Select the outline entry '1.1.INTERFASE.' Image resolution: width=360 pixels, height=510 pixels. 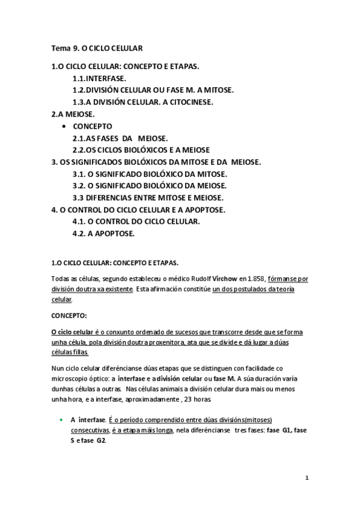click(99, 78)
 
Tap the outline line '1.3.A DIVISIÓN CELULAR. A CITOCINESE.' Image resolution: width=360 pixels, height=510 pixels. click(142, 102)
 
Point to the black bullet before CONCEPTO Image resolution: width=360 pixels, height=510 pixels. click(64, 126)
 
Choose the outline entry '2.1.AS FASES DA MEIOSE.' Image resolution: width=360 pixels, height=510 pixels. click(120, 138)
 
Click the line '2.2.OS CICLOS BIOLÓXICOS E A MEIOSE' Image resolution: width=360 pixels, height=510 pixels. click(141, 150)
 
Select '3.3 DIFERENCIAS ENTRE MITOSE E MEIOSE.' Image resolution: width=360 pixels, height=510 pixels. click(147, 198)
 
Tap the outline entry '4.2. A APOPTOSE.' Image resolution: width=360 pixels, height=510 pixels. click(103, 233)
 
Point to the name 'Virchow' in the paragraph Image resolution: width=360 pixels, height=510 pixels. click(225, 278)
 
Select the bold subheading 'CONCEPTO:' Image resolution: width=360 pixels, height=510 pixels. click(70, 315)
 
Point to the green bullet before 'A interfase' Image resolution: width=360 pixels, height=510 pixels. click(61, 419)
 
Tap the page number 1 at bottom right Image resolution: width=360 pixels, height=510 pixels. click(307, 478)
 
